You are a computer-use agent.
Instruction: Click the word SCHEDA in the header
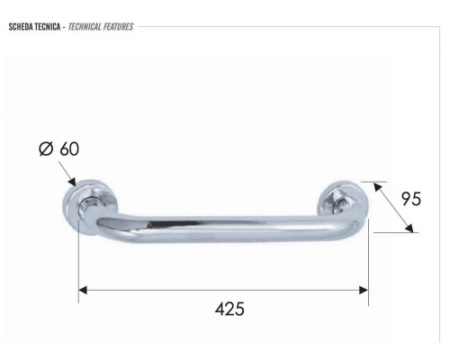[21, 26]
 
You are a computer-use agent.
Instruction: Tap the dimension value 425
[229, 309]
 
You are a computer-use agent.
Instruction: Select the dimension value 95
[410, 199]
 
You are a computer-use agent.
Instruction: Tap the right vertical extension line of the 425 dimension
[368, 265]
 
